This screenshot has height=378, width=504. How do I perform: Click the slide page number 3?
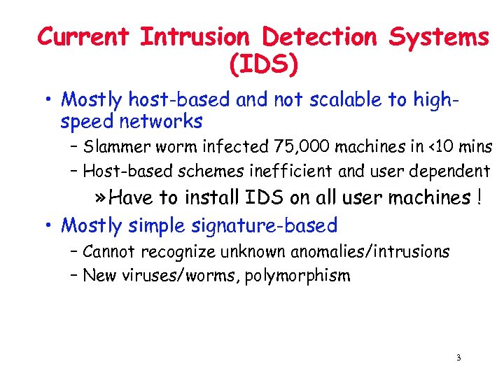[458, 358]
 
